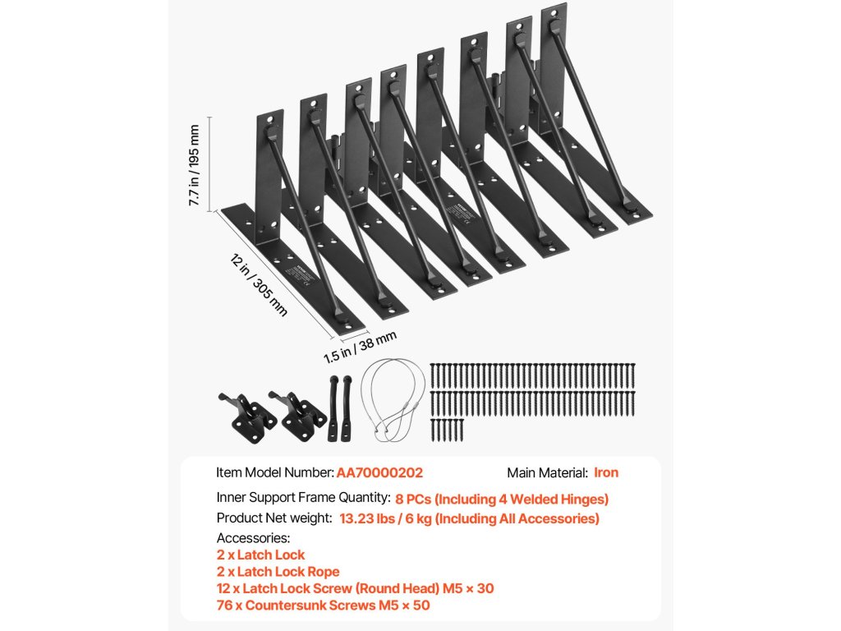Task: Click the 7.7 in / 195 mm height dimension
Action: (x=195, y=165)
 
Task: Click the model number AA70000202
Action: (x=379, y=472)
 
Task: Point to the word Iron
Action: (x=606, y=472)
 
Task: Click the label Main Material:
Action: (x=547, y=472)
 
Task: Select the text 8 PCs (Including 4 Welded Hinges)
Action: (x=502, y=498)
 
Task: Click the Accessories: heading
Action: (x=253, y=538)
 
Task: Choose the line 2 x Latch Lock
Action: (x=260, y=555)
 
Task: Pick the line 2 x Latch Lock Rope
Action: (x=278, y=572)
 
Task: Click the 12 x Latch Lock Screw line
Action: (x=355, y=588)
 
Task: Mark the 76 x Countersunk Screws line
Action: (x=323, y=606)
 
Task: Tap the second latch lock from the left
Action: (x=297, y=415)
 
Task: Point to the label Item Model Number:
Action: (x=275, y=472)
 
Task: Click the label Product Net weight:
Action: (x=274, y=518)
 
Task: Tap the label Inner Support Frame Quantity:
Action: (x=303, y=498)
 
